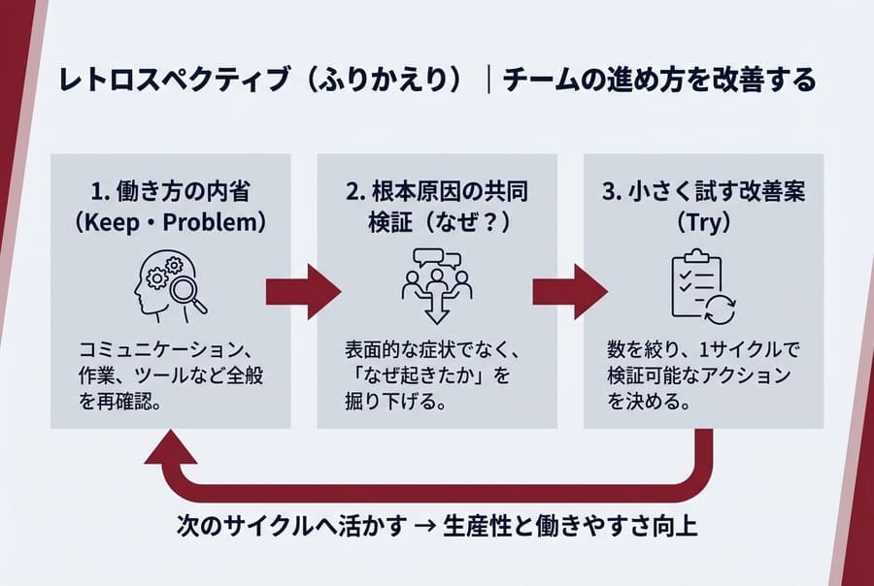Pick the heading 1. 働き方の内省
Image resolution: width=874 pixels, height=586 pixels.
click(169, 192)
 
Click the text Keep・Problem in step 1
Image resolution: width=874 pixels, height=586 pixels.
click(169, 223)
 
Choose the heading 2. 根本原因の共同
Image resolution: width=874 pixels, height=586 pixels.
click(436, 192)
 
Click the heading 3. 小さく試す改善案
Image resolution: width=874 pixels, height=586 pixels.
click(703, 192)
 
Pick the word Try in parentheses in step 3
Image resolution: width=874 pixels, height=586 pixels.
click(703, 223)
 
